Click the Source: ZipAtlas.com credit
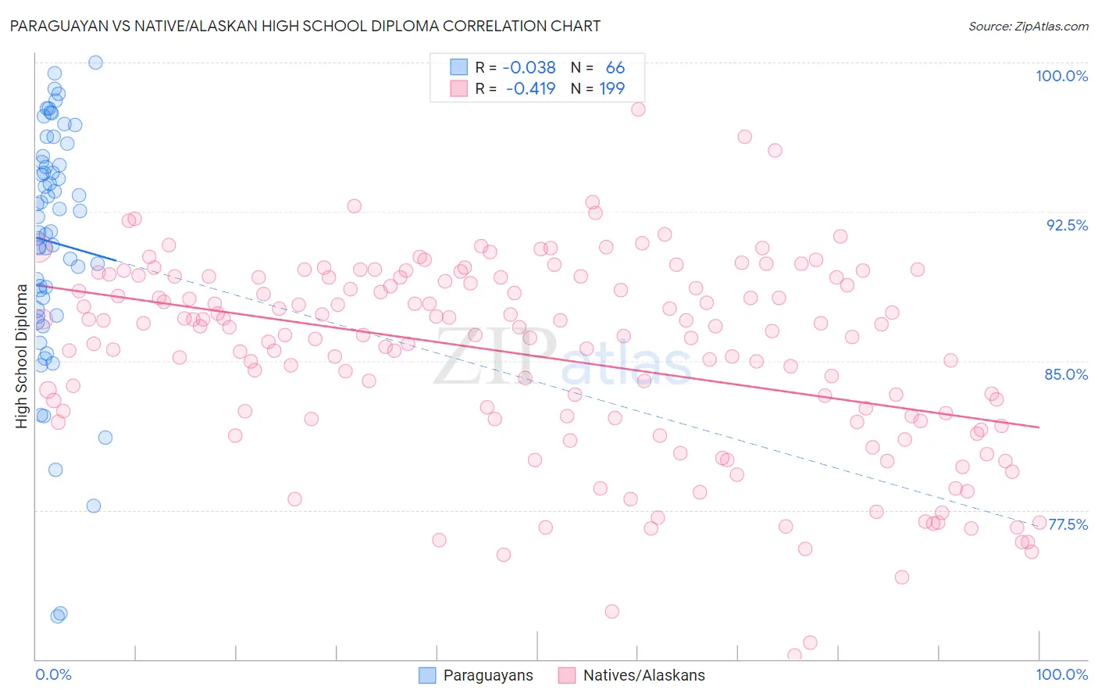1028,27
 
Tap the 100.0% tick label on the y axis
1061,76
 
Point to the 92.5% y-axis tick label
1067,225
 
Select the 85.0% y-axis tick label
1066,374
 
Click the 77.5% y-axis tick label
1068,524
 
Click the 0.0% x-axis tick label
53,674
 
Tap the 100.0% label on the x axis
1061,674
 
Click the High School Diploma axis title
22,356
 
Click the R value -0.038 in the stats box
529,68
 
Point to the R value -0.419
530,89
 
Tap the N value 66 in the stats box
615,68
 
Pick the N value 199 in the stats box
611,89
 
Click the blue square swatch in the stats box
458,67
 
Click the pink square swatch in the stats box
458,88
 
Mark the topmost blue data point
95,63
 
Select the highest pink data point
638,109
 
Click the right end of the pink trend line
1039,427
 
